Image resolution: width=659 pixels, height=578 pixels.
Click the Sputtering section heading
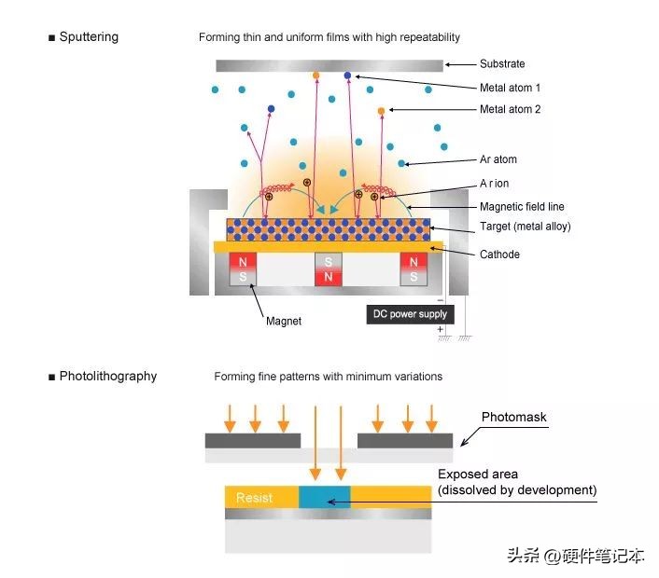point(89,37)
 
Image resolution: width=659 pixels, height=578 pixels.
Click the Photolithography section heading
point(107,377)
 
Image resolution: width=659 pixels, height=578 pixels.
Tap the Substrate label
point(502,64)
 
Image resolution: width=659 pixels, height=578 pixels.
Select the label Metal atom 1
point(510,88)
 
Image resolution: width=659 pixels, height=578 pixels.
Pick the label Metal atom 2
point(510,110)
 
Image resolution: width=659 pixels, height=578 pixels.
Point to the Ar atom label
point(498,160)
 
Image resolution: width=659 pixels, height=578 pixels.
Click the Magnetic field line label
point(522,207)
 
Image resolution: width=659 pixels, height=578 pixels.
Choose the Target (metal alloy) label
point(525,227)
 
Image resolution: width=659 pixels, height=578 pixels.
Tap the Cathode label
point(499,255)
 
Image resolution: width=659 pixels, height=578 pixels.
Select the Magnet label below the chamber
point(283,322)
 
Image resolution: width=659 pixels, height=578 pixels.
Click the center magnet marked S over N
point(328,269)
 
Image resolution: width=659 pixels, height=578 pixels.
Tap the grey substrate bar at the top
point(329,65)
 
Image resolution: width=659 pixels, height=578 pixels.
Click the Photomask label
point(513,417)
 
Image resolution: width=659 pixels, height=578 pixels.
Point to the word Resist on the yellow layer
point(254,497)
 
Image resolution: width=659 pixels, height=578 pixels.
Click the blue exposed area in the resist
point(324,497)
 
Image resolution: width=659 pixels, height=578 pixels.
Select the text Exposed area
point(477,475)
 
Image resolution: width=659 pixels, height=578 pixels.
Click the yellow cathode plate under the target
point(328,246)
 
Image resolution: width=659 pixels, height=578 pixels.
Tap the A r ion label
point(494,185)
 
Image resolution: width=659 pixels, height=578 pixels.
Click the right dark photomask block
point(405,440)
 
